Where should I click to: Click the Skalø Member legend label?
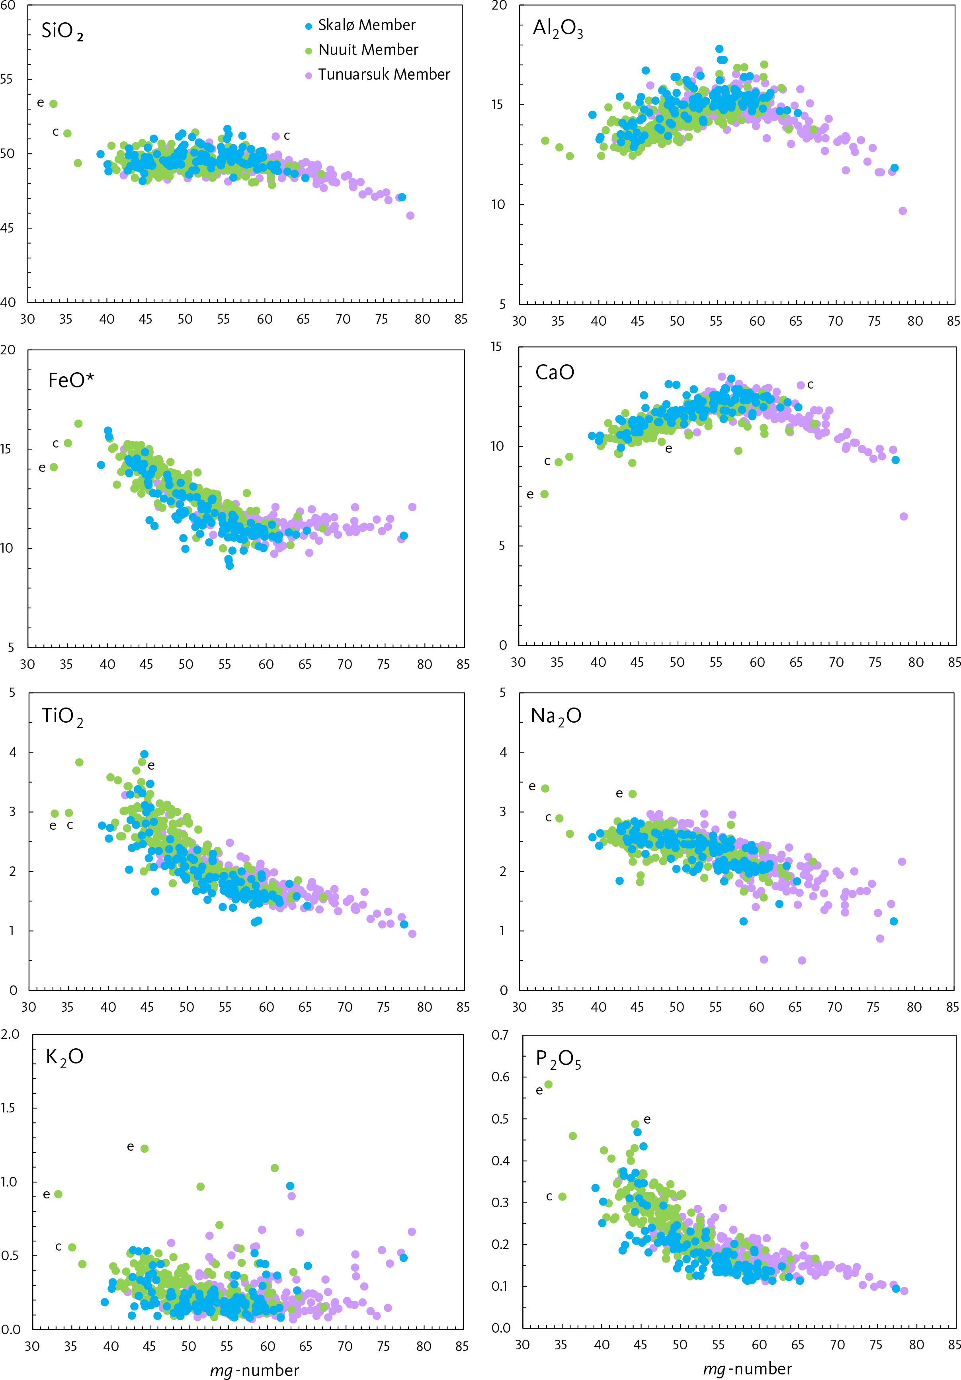pos(367,25)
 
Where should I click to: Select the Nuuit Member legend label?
pos(368,50)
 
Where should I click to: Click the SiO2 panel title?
pos(62,31)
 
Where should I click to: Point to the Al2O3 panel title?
pos(558,29)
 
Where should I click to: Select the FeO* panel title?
pos(71,380)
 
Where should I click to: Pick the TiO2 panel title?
pos(62,716)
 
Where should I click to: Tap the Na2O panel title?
pos(556,716)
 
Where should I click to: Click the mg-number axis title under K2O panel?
pos(254,1370)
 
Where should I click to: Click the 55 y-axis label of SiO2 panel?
pos(7,79)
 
